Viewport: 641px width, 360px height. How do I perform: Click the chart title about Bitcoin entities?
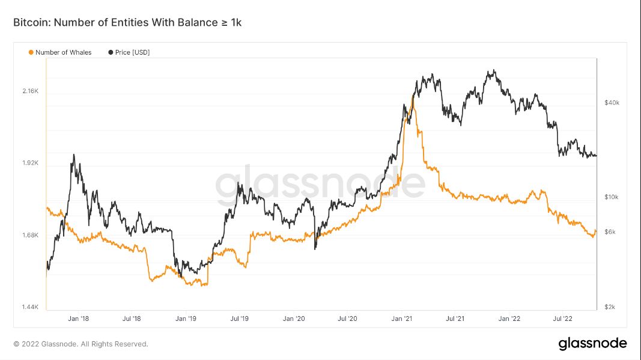[127, 22]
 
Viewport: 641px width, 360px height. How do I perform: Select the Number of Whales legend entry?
[63, 52]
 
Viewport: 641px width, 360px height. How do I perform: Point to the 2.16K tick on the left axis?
[30, 91]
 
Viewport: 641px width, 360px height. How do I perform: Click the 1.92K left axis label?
[30, 163]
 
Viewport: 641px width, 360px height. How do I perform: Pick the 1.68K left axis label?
[30, 235]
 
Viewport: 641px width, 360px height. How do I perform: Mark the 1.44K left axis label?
[30, 307]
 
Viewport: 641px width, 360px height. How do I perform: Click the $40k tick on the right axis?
[612, 103]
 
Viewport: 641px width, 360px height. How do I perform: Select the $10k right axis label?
[612, 197]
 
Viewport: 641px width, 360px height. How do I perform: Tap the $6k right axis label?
[610, 232]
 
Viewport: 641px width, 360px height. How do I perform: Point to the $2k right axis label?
[610, 307]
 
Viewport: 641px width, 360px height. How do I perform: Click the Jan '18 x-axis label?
[79, 319]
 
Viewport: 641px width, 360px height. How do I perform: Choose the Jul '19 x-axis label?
[240, 319]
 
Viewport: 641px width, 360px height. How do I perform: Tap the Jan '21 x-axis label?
[401, 319]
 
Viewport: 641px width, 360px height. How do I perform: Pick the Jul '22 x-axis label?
[562, 319]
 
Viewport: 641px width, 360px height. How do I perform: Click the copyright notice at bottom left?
[81, 344]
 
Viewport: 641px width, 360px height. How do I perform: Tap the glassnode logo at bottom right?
[592, 344]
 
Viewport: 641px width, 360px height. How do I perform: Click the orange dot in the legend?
[31, 52]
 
